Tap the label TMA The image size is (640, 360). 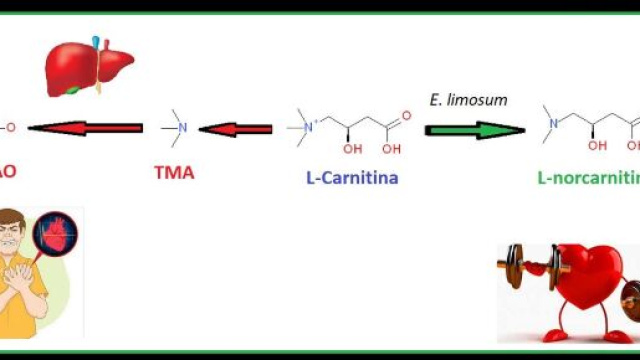click(x=174, y=172)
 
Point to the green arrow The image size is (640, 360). click(x=475, y=129)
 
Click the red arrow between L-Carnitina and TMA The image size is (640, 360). click(x=236, y=128)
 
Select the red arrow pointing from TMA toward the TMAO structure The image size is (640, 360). click(x=85, y=127)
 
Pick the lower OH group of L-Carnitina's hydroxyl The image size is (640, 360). click(x=348, y=149)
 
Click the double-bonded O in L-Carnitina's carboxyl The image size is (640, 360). click(x=405, y=115)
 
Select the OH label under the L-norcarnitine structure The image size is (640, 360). click(x=597, y=146)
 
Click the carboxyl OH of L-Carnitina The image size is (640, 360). click(x=391, y=149)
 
